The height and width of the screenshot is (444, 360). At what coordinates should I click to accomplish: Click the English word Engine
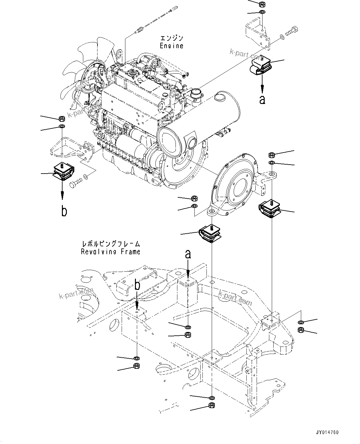click(171, 46)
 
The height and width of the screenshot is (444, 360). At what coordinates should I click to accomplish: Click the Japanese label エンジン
click(171, 38)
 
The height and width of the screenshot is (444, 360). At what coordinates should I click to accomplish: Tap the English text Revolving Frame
click(111, 252)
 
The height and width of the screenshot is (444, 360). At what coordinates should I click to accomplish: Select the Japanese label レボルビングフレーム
click(111, 244)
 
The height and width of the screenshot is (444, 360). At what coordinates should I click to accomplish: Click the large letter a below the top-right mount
click(262, 100)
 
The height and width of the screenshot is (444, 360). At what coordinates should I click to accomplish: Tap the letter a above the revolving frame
click(188, 254)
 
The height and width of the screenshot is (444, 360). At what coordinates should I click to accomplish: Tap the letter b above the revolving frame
click(137, 285)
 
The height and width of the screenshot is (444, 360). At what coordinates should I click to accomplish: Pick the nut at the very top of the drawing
click(261, 4)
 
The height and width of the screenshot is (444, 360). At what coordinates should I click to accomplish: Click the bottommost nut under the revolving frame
click(212, 405)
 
